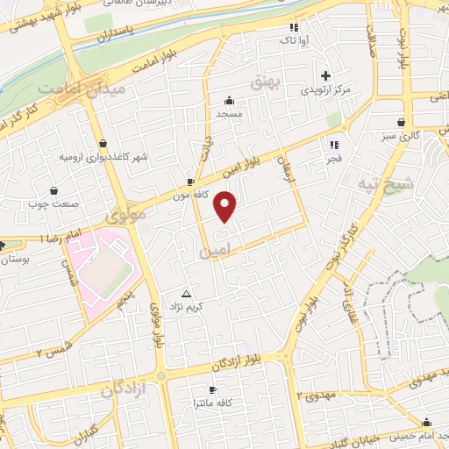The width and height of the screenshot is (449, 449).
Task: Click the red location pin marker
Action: point(227,206)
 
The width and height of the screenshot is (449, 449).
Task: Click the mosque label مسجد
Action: point(230,114)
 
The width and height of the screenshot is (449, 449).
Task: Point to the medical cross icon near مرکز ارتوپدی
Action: point(326,75)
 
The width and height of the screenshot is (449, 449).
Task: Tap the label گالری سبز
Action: point(401,137)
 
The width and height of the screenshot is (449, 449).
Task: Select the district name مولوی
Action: point(125,214)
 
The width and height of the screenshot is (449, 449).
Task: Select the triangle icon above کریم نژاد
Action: point(185,293)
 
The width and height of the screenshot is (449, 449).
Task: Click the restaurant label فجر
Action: point(334,159)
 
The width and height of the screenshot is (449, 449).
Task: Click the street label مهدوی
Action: point(324,396)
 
